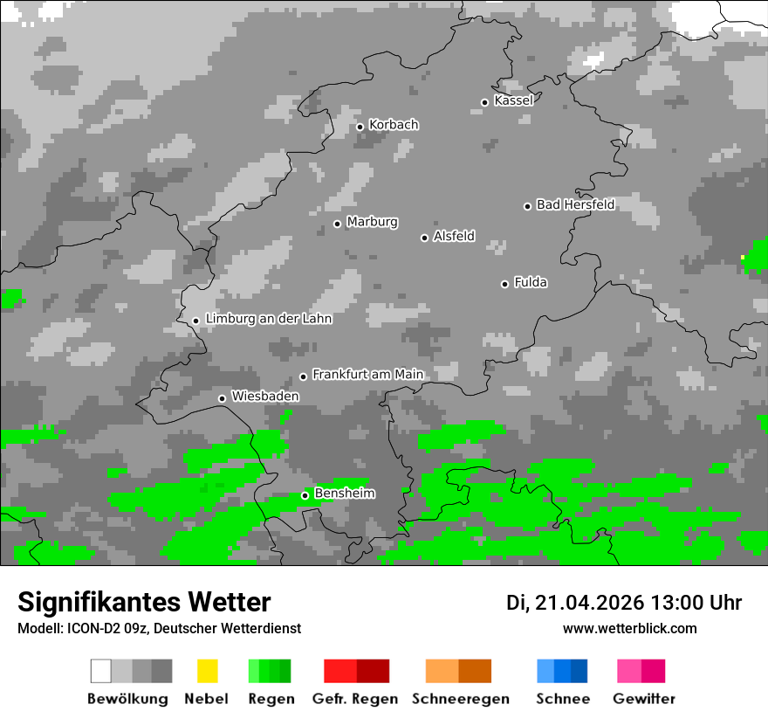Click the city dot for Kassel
(x=485, y=102)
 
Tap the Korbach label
(x=394, y=125)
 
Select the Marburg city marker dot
(x=338, y=224)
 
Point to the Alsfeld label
(x=454, y=236)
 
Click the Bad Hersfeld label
(x=575, y=204)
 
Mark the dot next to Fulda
(x=504, y=284)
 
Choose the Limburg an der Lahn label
(x=269, y=319)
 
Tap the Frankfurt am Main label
(x=367, y=375)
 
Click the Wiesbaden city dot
(x=223, y=398)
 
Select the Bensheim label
(x=345, y=494)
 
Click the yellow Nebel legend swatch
(x=207, y=671)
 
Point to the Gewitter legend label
(x=644, y=699)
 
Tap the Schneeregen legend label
(x=461, y=699)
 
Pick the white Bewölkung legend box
(x=101, y=671)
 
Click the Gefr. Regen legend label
(x=355, y=699)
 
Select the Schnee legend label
(x=563, y=699)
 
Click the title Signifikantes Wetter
(x=144, y=602)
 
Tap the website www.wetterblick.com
(x=630, y=628)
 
